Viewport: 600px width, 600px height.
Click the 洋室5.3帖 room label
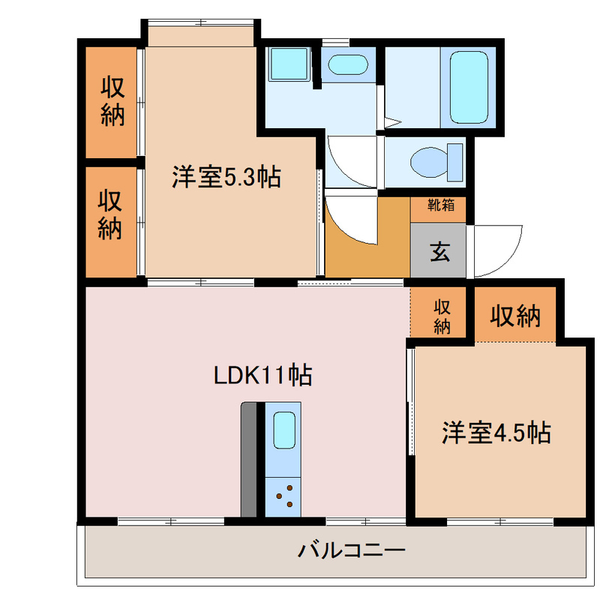click(x=226, y=178)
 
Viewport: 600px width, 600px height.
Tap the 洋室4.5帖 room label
click(x=496, y=433)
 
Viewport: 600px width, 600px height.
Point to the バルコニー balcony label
click(x=352, y=552)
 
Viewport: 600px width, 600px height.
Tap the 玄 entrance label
click(x=439, y=252)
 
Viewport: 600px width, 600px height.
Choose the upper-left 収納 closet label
click(x=112, y=102)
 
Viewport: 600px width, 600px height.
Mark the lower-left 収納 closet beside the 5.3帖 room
click(x=111, y=215)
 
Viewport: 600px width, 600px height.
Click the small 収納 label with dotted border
click(x=441, y=315)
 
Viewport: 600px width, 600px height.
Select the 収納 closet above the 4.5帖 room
click(x=515, y=316)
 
